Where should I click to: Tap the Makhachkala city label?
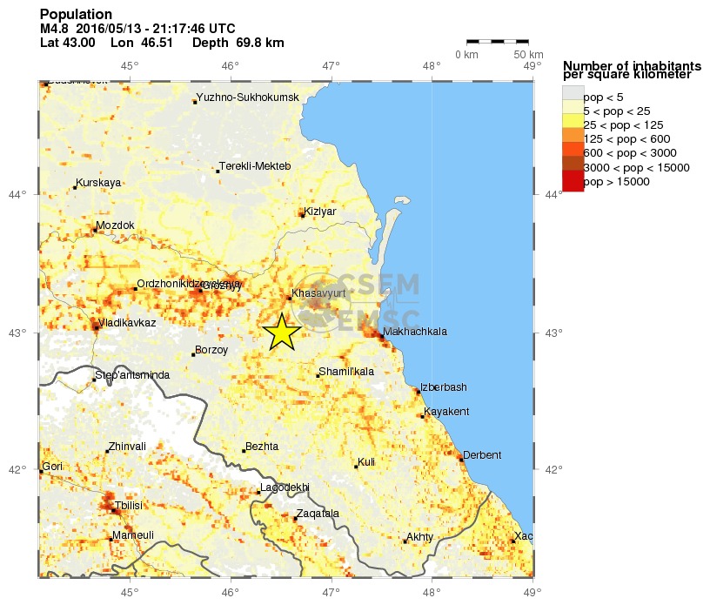click(x=415, y=332)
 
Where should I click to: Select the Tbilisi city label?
click(x=127, y=505)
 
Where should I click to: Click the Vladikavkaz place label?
click(x=127, y=323)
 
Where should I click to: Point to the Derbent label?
click(x=482, y=454)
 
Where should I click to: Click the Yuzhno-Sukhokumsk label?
click(x=248, y=97)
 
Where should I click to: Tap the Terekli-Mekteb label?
click(x=255, y=166)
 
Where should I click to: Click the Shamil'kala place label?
click(x=346, y=372)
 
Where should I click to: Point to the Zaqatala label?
click(x=317, y=514)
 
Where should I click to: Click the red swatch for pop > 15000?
click(x=573, y=181)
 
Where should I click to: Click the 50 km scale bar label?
click(x=529, y=56)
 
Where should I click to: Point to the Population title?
click(x=76, y=15)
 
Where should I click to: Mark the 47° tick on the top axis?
click(x=331, y=65)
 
